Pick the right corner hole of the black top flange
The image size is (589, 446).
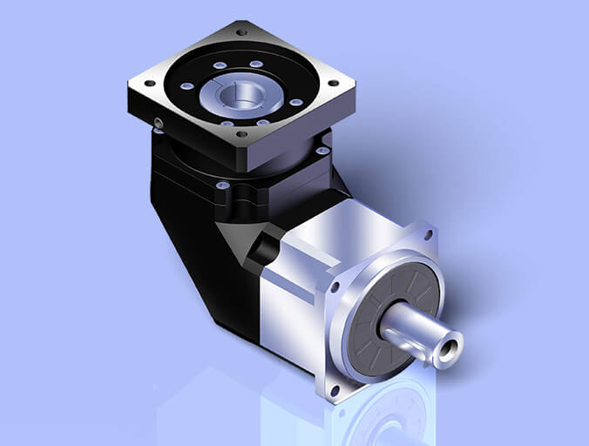pyautogui.click(x=335, y=83)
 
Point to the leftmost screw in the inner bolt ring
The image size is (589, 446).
pyautogui.click(x=186, y=86)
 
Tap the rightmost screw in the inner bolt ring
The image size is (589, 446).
pyautogui.click(x=296, y=102)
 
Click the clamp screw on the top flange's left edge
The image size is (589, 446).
pyautogui.click(x=159, y=122)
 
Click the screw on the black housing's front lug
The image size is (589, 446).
pyautogui.click(x=222, y=186)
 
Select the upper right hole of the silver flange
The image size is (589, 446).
pyautogui.click(x=429, y=233)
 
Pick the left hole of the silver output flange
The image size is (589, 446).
pyautogui.click(x=335, y=286)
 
